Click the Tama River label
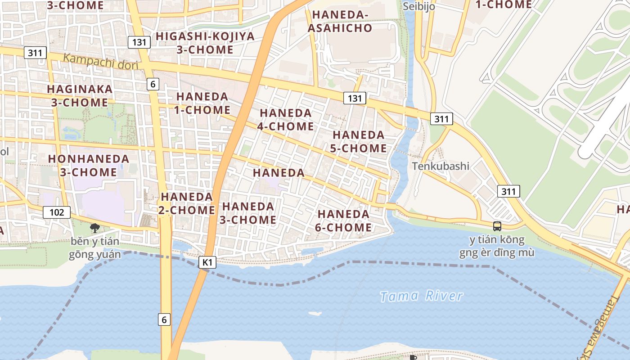[421, 296]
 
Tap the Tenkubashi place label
[441, 166]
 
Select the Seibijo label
[418, 6]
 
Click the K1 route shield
[207, 262]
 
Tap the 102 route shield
[57, 212]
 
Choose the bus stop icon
[497, 226]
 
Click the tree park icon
[94, 228]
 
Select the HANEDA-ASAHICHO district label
[342, 21]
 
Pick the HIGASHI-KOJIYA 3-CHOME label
[205, 43]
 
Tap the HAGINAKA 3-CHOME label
[80, 95]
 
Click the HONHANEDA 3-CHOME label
[89, 165]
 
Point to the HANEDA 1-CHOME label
[203, 103]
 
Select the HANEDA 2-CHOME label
[187, 203]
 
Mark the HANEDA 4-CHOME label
[286, 119]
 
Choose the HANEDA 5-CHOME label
[359, 141]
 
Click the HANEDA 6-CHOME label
[343, 220]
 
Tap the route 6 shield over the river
[164, 319]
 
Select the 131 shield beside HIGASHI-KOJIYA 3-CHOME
[139, 42]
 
